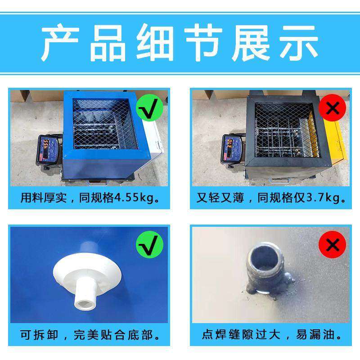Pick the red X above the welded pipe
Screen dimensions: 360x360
(332, 245)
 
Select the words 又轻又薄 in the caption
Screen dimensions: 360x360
(220, 198)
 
